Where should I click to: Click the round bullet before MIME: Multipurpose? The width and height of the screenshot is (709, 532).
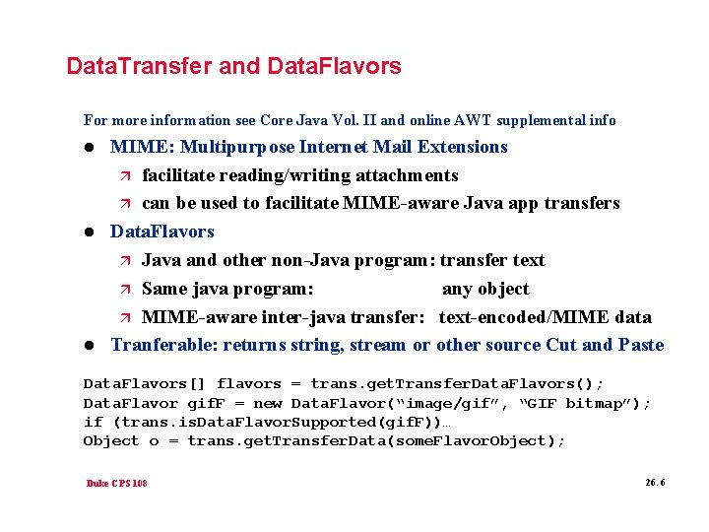90,148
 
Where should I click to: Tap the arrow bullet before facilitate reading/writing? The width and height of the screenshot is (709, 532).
123,176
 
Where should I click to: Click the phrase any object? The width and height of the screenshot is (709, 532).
485,289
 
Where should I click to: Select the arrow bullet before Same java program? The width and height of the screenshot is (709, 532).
123,290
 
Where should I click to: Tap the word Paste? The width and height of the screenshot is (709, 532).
641,345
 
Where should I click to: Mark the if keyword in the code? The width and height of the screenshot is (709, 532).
93,422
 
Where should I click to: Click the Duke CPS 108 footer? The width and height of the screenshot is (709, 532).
116,484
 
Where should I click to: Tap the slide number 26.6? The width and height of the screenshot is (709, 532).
655,483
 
